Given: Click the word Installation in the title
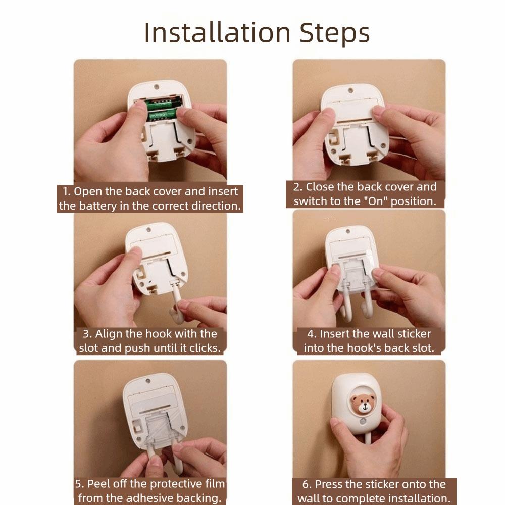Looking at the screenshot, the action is pos(217,33).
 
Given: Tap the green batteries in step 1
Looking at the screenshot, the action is pos(163,110).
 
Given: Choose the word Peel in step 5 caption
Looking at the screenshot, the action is pos(96,484).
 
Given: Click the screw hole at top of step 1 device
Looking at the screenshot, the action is pos(157,87).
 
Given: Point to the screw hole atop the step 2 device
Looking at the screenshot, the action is pos(351,91).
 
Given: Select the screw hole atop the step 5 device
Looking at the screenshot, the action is pos(148,381).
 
